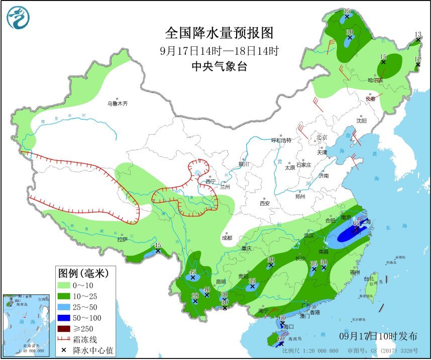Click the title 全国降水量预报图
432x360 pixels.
click(x=220, y=33)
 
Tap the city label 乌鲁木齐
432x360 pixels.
click(x=118, y=104)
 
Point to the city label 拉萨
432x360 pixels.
click(x=122, y=239)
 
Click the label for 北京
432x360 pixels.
click(x=322, y=137)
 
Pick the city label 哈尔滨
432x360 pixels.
click(x=375, y=80)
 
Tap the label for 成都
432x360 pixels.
click(x=228, y=238)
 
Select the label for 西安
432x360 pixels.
click(x=265, y=204)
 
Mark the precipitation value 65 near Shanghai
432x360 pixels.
click(x=357, y=223)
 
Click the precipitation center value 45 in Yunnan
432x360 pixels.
click(x=192, y=272)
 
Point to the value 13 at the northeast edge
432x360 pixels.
click(x=417, y=34)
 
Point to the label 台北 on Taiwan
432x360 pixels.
click(x=368, y=279)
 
